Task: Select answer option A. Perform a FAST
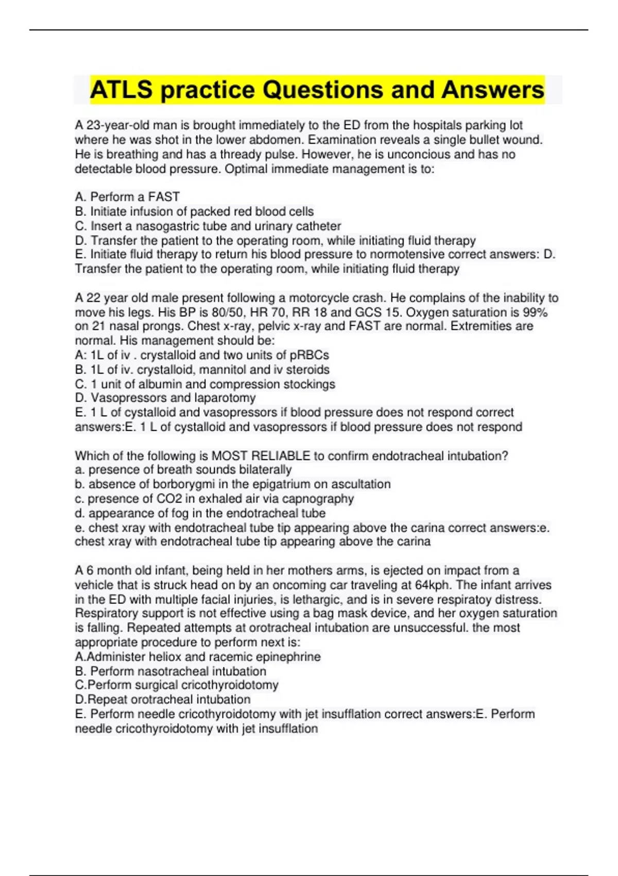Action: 127,197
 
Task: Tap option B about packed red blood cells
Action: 194,211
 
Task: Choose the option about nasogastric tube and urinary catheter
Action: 208,226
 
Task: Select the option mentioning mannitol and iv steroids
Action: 202,369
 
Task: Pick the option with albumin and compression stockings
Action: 205,384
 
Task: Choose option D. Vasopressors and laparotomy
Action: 165,398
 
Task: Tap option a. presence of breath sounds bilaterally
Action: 183,469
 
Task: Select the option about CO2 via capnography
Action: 214,498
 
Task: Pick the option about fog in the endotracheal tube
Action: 200,513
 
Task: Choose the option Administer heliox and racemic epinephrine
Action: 198,656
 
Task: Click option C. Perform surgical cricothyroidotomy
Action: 177,685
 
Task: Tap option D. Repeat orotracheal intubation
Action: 163,699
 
